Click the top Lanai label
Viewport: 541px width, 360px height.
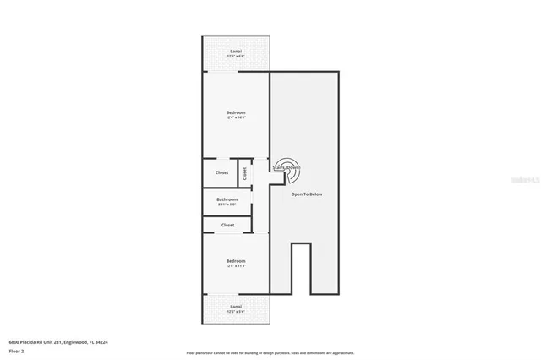point(236,52)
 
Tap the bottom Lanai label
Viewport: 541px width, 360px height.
point(236,306)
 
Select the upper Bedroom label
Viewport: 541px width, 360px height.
point(236,112)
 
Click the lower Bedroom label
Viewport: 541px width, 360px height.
point(236,261)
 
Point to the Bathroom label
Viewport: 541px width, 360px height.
point(227,199)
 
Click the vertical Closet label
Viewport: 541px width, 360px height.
point(245,172)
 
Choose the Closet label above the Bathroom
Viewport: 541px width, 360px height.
point(221,172)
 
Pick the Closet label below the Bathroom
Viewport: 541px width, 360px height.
point(227,225)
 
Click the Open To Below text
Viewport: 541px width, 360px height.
point(307,194)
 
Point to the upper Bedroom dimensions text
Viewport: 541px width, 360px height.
point(236,117)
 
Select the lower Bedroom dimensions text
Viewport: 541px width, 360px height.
point(236,266)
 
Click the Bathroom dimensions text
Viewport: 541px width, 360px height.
point(227,205)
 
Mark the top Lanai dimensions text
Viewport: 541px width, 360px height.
point(236,57)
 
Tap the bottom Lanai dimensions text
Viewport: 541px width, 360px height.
point(236,311)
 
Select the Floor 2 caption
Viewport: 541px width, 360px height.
point(16,351)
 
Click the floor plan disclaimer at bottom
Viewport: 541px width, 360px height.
point(270,352)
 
